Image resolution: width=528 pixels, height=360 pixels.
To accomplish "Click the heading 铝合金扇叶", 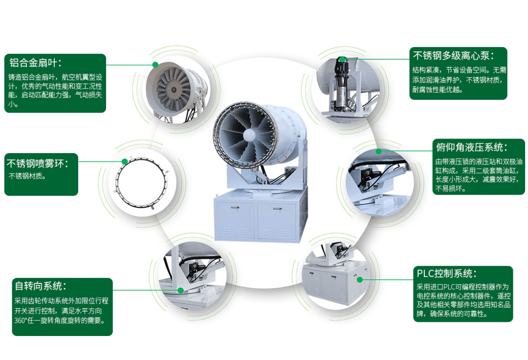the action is point(35,63).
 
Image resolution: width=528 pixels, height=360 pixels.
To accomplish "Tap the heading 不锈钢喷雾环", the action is point(37,164).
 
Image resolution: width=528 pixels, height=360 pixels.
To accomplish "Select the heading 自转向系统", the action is point(41,286).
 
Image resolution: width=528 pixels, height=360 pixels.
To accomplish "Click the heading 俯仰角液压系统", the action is point(472,147).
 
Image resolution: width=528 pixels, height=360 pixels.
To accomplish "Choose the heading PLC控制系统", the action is point(447,273).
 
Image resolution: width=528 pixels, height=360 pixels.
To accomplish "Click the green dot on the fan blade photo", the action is point(155,65).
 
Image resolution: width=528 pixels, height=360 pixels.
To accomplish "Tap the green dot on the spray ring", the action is point(125,161).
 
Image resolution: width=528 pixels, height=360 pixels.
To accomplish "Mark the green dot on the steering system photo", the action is point(181,290).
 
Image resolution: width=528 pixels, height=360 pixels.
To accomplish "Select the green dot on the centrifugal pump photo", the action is point(342,60).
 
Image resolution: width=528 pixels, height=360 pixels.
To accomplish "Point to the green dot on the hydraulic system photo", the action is point(378,152).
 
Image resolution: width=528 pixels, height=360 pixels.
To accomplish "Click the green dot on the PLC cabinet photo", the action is point(360,279).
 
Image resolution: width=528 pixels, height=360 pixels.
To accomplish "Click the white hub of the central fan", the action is point(249,135).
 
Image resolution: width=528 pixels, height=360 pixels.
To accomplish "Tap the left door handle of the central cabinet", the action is point(235,208).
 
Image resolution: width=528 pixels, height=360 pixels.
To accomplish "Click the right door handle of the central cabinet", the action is point(277,209).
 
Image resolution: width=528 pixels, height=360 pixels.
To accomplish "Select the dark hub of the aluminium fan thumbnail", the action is point(174,90).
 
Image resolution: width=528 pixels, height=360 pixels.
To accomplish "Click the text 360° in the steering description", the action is point(20,320).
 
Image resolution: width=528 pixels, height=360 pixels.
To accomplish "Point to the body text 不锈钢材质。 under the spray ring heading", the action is point(27,176).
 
